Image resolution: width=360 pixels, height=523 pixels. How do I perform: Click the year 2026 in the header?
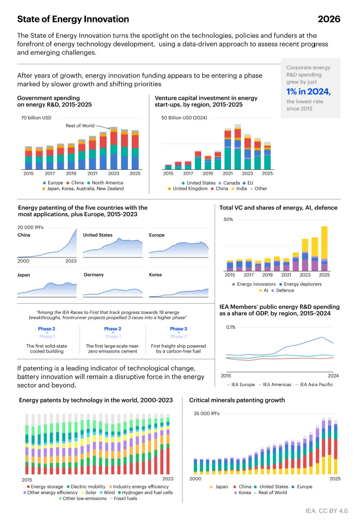pos(329,19)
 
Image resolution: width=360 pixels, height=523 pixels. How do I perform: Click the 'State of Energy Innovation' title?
pos(73,19)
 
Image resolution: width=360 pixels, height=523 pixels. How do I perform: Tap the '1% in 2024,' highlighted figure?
pos(308,91)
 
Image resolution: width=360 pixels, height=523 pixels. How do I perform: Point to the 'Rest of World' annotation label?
pos(80,126)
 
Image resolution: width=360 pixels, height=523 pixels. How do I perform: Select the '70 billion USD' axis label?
pos(37,118)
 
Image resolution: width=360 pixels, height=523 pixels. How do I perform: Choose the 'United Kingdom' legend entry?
pos(189,189)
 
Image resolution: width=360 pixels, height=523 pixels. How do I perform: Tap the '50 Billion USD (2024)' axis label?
pos(184,118)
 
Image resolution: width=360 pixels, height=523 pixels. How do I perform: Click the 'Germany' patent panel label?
pos(94,274)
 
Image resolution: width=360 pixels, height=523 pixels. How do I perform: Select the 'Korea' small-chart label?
pos(155,274)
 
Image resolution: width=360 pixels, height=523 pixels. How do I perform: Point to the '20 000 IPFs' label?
pos(33,227)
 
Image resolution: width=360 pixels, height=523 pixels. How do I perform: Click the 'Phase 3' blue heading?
pos(178,329)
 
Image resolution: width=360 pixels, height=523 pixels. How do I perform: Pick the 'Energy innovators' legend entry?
pos(256,284)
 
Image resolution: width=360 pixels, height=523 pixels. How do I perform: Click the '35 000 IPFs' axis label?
pos(206,413)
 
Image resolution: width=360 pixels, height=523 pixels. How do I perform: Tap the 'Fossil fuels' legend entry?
pos(123,498)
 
